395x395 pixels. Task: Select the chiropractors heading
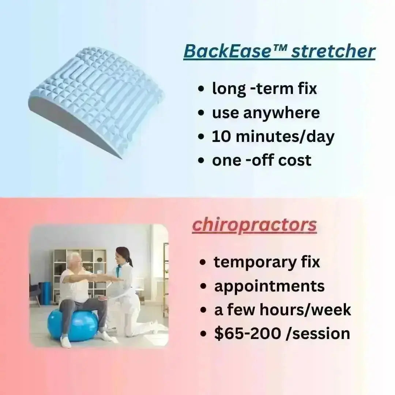(254, 226)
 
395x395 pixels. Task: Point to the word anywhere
(281, 113)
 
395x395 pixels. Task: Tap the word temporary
(255, 263)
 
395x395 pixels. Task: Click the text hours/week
(305, 310)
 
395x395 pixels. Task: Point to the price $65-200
(247, 334)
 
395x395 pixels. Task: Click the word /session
(318, 334)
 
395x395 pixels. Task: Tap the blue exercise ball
(73, 325)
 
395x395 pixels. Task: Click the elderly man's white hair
(74, 257)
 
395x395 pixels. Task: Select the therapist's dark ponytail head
(124, 255)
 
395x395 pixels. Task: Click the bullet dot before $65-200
(203, 334)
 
